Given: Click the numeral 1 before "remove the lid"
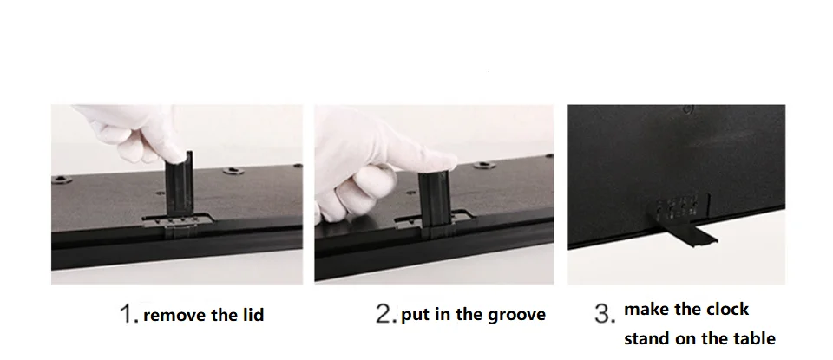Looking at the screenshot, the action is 127,313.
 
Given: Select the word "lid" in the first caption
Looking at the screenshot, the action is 253,314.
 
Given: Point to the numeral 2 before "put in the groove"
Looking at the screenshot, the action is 384,313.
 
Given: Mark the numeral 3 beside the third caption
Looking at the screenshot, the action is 604,313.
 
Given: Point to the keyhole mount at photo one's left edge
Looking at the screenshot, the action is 62,180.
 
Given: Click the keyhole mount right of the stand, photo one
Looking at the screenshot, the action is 233,171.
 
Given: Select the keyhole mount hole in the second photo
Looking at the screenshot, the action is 484,166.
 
